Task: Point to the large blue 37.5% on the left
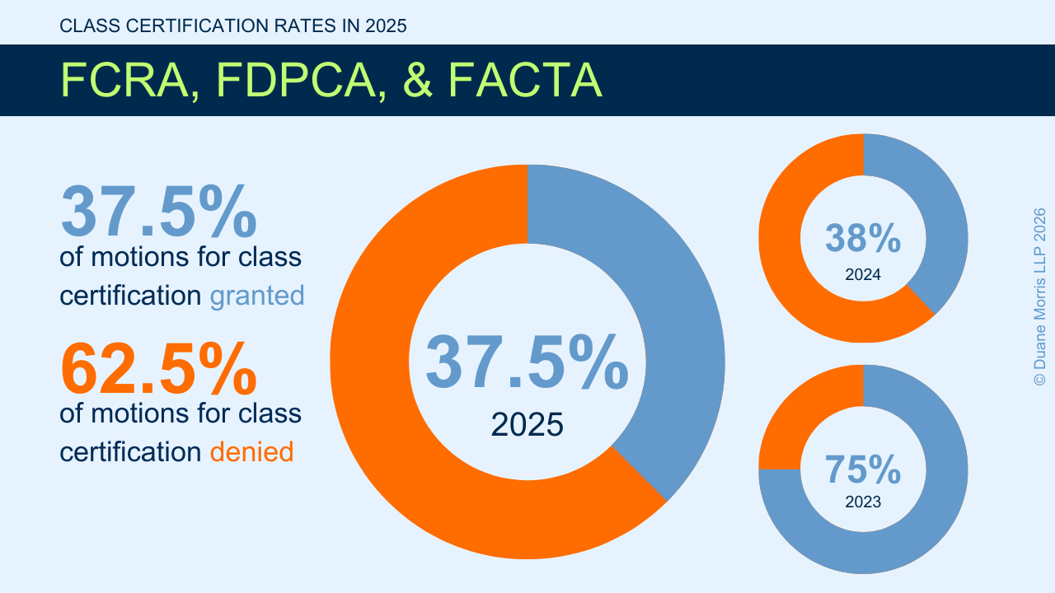point(158,212)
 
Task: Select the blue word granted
point(257,295)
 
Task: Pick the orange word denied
point(251,451)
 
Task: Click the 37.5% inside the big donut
point(527,363)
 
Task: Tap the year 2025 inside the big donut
point(527,425)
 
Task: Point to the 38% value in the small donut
point(863,238)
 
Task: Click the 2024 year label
point(863,275)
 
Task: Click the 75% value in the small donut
point(863,469)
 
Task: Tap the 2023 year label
point(863,502)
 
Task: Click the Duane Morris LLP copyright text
point(1039,296)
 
